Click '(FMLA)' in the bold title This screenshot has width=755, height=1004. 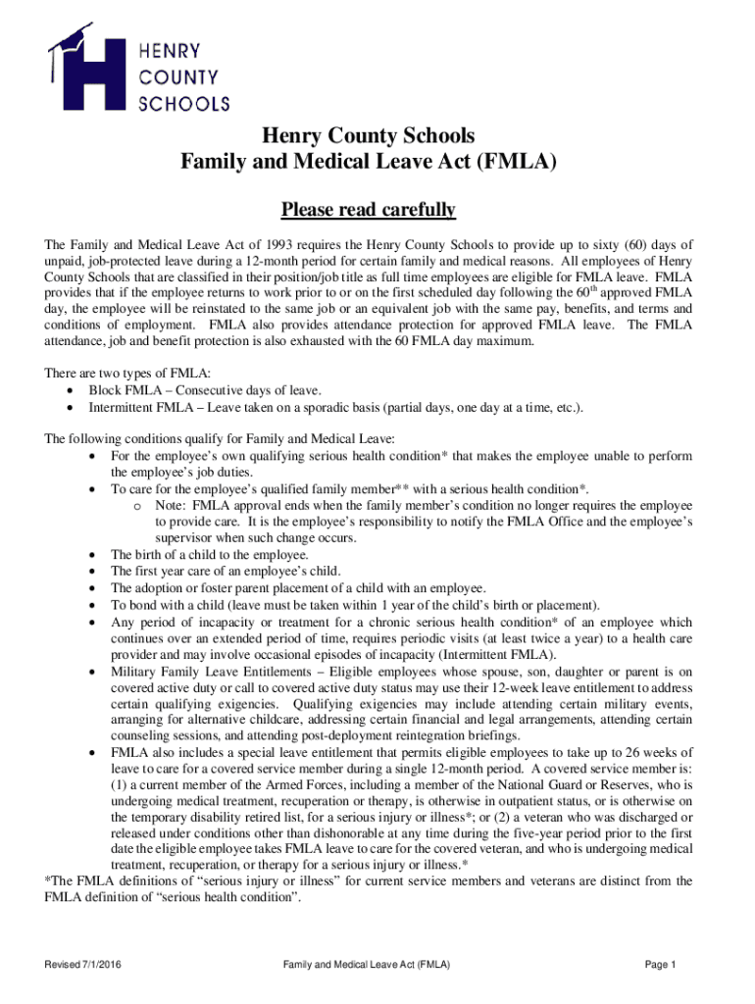coord(516,162)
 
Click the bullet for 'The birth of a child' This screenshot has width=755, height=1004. coord(92,555)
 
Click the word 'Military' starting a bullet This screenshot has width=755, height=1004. coord(132,672)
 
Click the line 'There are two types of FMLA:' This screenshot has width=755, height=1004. coord(127,373)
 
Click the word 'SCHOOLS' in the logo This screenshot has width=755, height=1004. coord(185,101)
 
